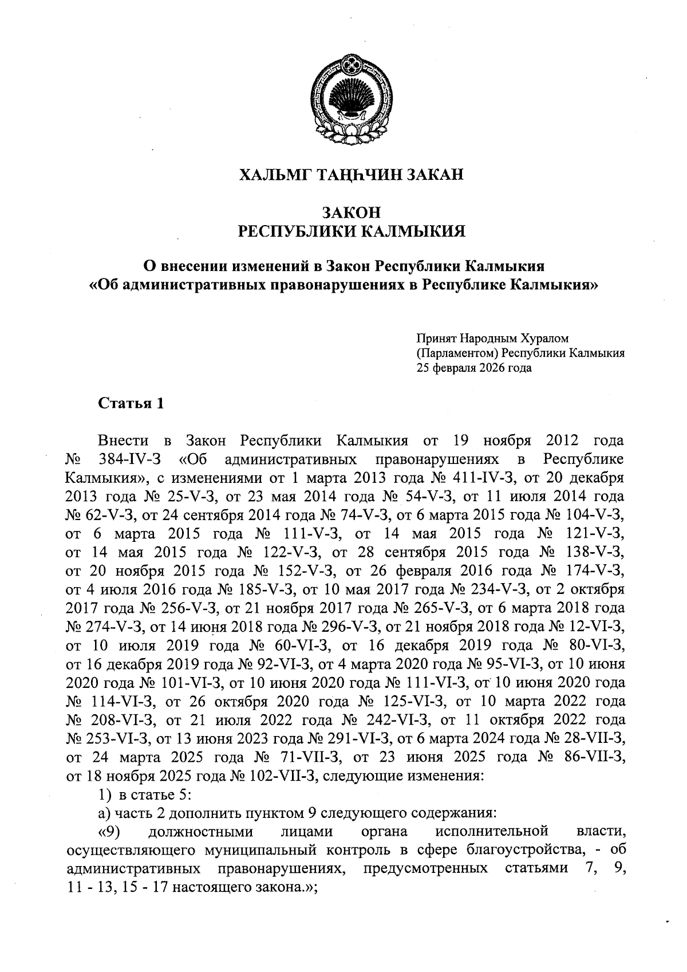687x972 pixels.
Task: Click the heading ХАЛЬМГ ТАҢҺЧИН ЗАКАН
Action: (350, 174)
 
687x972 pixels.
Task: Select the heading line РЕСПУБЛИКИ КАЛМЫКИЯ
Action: (351, 231)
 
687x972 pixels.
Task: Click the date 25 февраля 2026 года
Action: (474, 368)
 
